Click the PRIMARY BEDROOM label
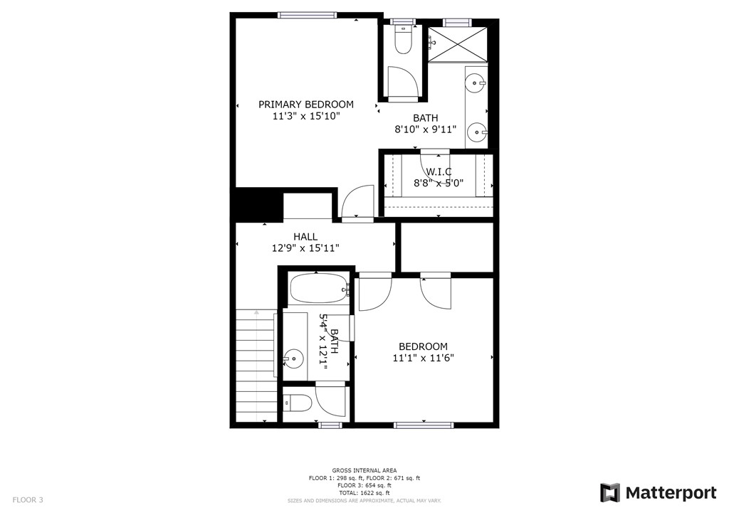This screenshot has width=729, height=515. [305, 105]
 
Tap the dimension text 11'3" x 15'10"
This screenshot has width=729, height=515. [305, 116]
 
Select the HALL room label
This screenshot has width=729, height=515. [305, 237]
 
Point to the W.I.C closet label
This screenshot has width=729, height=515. [439, 171]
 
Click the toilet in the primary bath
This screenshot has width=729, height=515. [404, 40]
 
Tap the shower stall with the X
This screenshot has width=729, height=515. [459, 41]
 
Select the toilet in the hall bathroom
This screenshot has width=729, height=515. [298, 404]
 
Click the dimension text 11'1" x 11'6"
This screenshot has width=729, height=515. [423, 358]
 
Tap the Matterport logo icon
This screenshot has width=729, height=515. [609, 493]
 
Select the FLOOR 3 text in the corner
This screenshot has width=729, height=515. [28, 500]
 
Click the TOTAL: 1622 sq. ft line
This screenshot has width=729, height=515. [364, 493]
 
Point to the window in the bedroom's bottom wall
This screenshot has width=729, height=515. [414, 425]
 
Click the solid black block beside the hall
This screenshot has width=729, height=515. [256, 204]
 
